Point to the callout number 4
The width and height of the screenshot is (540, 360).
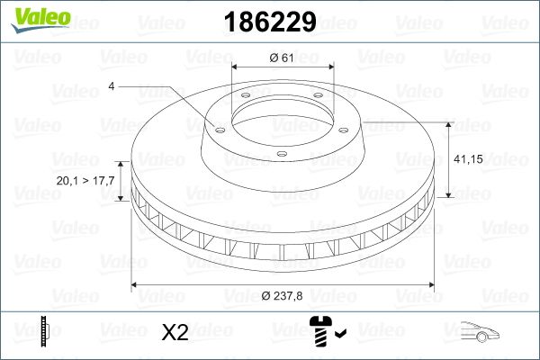click(x=111, y=86)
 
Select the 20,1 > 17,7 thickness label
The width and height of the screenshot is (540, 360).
click(x=85, y=181)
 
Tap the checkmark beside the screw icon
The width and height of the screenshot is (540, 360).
click(x=341, y=337)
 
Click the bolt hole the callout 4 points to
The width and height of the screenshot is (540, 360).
click(x=217, y=127)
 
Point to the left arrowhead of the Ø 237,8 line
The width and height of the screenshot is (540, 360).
click(x=136, y=285)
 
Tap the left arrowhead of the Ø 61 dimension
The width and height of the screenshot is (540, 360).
click(x=236, y=67)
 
